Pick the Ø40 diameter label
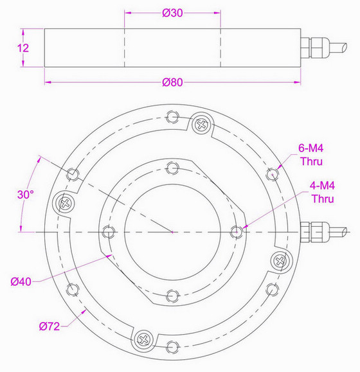pyautogui.click(x=21, y=281)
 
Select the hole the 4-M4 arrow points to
pyautogui.click(x=236, y=231)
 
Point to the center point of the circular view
pyautogui.click(x=172, y=231)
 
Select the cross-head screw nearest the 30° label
pyautogui.click(x=64, y=203)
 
